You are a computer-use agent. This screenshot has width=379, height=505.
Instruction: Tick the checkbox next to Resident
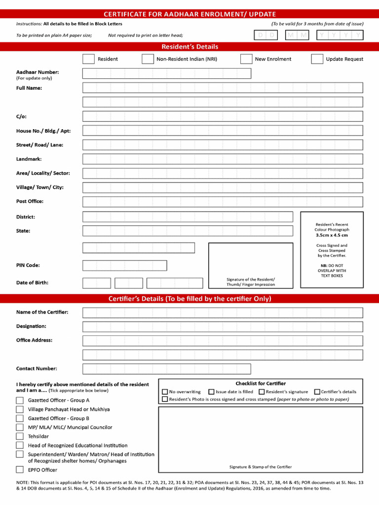tap(88, 59)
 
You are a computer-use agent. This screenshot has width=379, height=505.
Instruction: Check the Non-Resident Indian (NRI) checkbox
tap(148, 59)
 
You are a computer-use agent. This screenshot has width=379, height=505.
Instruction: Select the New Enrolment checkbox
tap(246, 59)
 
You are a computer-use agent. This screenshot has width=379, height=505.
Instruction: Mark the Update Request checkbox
tap(317, 59)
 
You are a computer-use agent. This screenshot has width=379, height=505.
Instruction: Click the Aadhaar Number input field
tap(167, 73)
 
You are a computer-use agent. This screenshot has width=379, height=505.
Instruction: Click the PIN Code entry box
tap(124, 265)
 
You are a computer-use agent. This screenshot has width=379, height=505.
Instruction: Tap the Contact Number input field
tap(167, 369)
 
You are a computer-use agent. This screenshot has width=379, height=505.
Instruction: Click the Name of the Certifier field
tap(223, 313)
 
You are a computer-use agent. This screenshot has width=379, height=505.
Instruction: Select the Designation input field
tap(223, 326)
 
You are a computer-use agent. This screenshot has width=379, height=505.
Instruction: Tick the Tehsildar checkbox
tap(20, 436)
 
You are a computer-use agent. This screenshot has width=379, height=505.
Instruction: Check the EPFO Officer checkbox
tap(20, 470)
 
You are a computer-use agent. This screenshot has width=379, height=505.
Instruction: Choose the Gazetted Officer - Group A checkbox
tap(20, 400)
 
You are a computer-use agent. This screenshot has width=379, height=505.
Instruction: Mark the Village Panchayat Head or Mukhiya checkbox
tap(20, 409)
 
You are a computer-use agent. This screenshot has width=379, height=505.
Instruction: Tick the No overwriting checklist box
tap(165, 392)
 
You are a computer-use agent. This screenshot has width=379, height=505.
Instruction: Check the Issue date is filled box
tap(211, 392)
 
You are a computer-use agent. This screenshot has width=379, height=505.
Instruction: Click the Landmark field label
tap(29, 159)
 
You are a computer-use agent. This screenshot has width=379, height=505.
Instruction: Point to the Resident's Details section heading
tap(189, 47)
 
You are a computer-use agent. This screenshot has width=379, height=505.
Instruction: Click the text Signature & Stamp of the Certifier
tap(260, 467)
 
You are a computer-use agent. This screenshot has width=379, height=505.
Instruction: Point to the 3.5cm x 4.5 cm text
tap(332, 235)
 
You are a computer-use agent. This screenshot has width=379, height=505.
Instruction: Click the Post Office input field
tap(223, 202)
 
